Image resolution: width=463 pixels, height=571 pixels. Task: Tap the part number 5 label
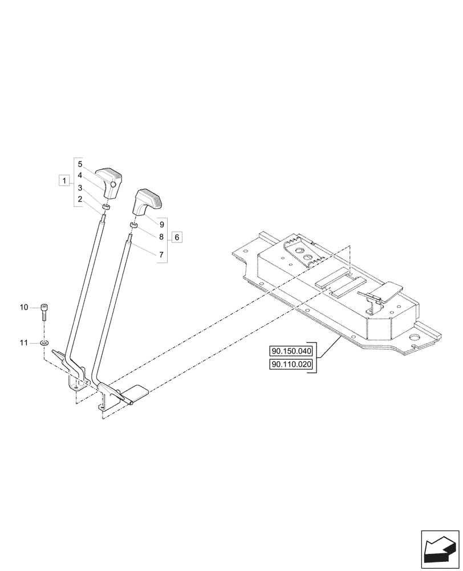pyautogui.click(x=80, y=164)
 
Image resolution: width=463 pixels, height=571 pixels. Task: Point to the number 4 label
pyautogui.click(x=80, y=175)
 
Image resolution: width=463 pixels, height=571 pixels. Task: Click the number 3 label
pyautogui.click(x=80, y=187)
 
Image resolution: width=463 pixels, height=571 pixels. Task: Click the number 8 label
pyautogui.click(x=161, y=236)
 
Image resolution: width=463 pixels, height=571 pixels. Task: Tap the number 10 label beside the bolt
pyautogui.click(x=24, y=308)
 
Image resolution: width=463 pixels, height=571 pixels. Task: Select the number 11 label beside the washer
pyautogui.click(x=24, y=343)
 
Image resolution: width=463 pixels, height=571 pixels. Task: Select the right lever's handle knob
pyautogui.click(x=147, y=202)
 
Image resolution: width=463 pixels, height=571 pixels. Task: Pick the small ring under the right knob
pyautogui.click(x=133, y=227)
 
